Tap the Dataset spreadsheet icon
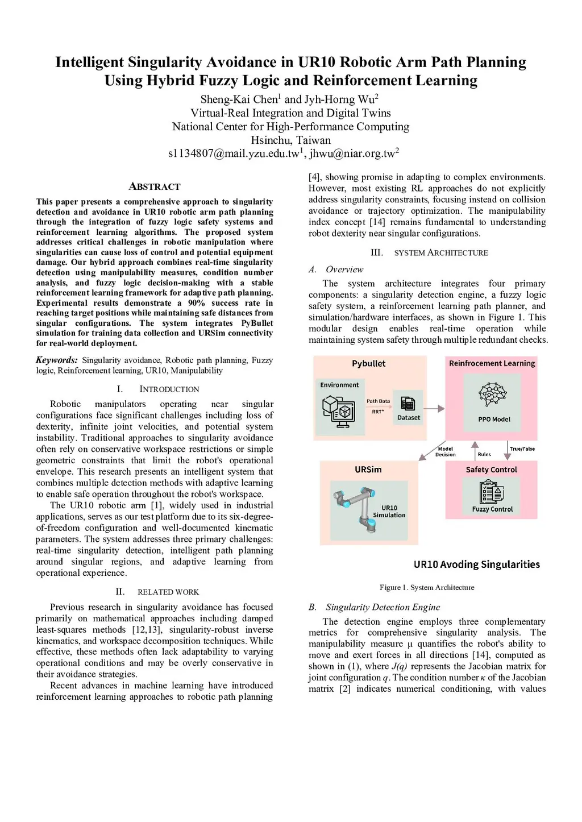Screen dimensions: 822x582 click(408, 404)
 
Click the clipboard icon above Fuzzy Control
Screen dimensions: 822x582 click(492, 492)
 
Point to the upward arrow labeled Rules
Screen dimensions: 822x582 click(475, 450)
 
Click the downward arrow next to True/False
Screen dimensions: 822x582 click(507, 449)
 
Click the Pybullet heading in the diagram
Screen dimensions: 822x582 click(368, 363)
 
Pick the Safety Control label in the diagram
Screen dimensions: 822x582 click(491, 470)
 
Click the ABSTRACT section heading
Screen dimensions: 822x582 click(155, 186)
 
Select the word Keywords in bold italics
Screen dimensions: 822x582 click(56, 360)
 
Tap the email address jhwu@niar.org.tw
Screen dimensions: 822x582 click(352, 153)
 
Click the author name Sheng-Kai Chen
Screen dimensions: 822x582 click(239, 99)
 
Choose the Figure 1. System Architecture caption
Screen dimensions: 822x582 click(427, 587)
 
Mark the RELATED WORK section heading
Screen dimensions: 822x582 click(168, 592)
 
